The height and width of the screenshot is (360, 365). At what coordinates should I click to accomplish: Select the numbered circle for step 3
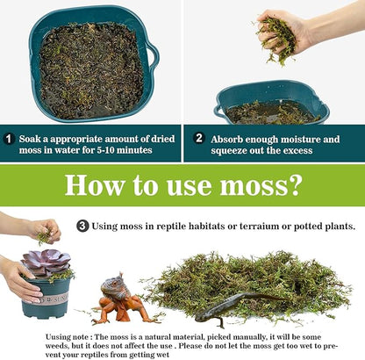(x=82, y=226)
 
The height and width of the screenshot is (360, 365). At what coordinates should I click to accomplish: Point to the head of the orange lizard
(x=113, y=282)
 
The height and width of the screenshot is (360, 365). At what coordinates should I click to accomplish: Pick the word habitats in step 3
(x=201, y=226)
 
